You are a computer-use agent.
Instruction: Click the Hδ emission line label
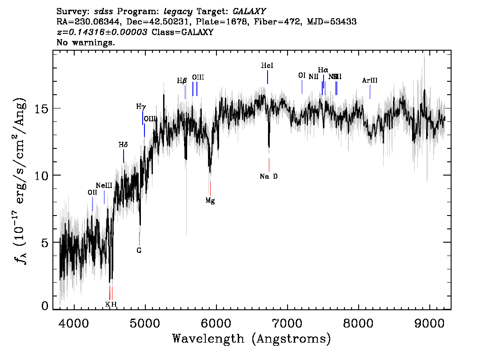(123, 145)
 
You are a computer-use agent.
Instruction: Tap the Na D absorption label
(269, 176)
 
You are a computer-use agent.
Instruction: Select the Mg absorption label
(210, 201)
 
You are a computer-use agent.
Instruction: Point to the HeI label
(267, 66)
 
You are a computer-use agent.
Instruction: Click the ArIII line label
(370, 80)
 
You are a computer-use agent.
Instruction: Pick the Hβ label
(182, 81)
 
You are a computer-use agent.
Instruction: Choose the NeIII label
(104, 185)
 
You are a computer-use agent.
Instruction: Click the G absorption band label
(139, 251)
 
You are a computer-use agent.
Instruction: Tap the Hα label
(323, 70)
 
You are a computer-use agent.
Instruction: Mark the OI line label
(302, 76)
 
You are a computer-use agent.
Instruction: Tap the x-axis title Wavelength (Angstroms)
(252, 339)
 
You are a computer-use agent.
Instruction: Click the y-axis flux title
(20, 180)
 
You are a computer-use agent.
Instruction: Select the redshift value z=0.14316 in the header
(102, 32)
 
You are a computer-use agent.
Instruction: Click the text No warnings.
(86, 43)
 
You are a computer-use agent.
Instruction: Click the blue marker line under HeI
(268, 77)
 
